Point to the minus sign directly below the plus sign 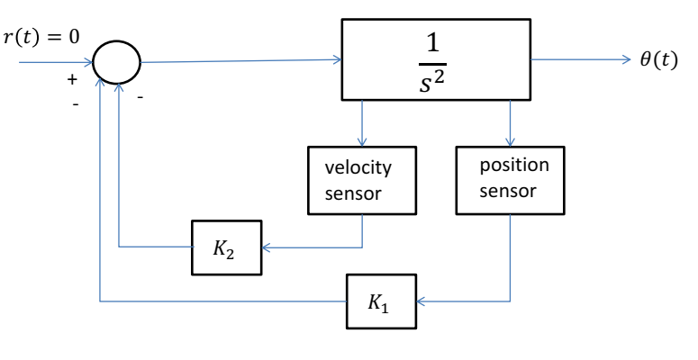[75, 103]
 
